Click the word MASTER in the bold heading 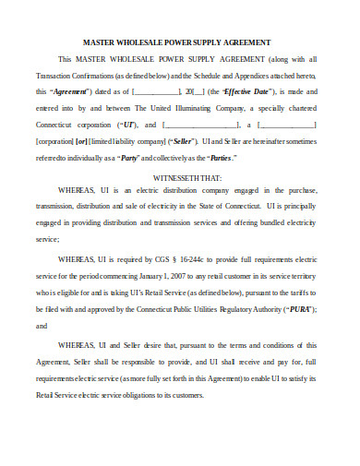coord(102,42)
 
